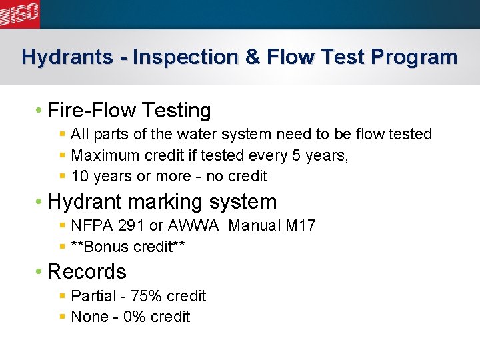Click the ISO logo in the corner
coord(20,13)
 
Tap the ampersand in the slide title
coord(253,57)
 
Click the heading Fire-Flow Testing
coord(129,110)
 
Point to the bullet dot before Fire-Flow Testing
coord(41,110)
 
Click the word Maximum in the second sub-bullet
coord(104,155)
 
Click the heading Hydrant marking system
coord(162,201)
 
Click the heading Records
coord(87,271)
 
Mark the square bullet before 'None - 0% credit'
coord(62,317)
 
